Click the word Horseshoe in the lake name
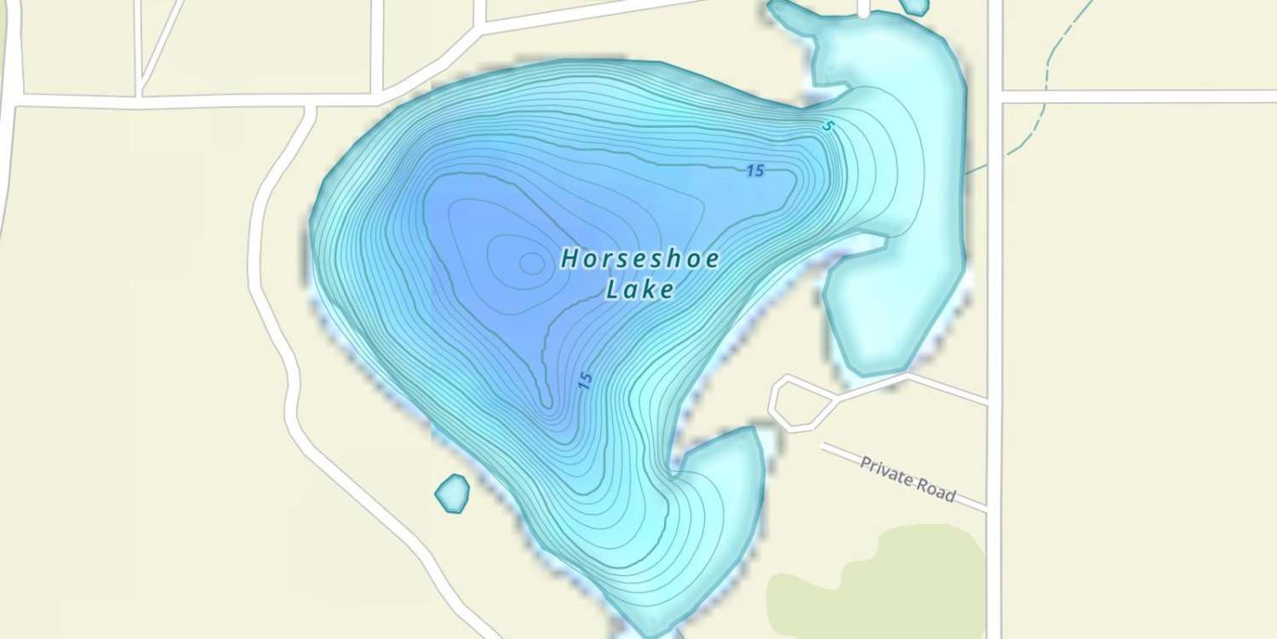[640, 259]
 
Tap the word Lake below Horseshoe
[640, 290]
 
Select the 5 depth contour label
[827, 126]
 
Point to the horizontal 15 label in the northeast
[754, 170]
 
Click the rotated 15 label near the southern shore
[584, 381]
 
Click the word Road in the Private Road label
[936, 490]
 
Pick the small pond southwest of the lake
[452, 493]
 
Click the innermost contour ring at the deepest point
[532, 263]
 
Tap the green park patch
[877, 579]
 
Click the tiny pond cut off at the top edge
[914, 6]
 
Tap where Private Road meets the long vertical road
[989, 509]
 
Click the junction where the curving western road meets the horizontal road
[308, 105]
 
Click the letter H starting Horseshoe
[568, 260]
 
